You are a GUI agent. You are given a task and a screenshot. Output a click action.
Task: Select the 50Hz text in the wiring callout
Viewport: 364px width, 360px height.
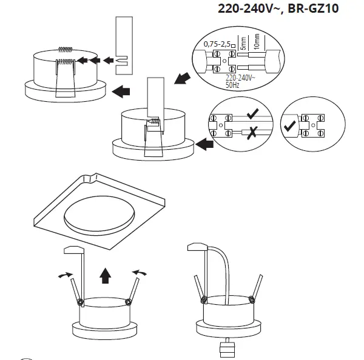tap(231, 86)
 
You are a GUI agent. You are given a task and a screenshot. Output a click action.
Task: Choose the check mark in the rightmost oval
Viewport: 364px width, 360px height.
tap(291, 125)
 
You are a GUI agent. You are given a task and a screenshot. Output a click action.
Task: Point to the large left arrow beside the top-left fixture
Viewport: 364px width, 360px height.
tap(121, 91)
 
